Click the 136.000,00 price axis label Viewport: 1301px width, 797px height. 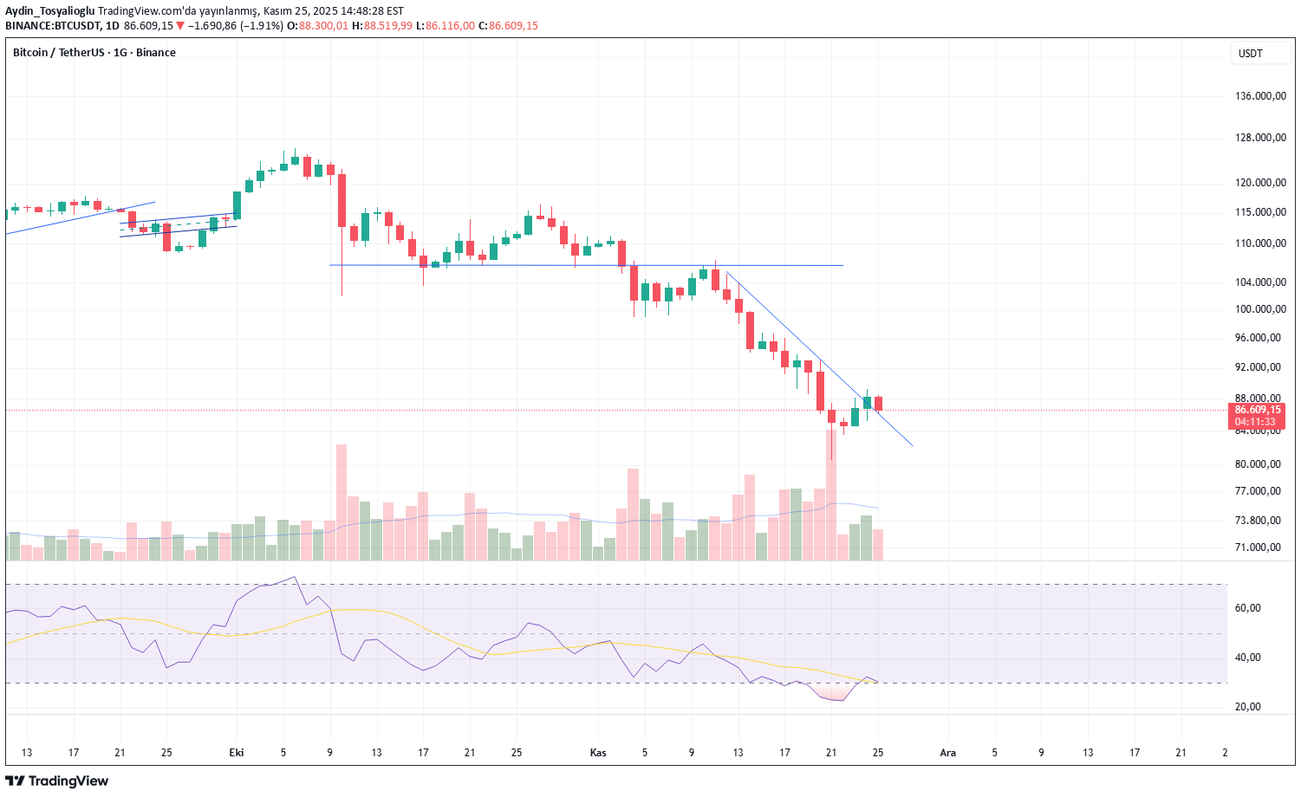coord(1260,96)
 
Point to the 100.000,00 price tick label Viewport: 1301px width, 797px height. coord(1260,309)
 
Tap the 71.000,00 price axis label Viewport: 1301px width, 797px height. coord(1258,548)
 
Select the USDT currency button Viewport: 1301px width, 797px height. coord(1251,54)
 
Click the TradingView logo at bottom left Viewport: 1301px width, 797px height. coord(57,781)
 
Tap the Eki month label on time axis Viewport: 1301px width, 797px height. coord(237,753)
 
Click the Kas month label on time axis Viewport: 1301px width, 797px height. coord(598,753)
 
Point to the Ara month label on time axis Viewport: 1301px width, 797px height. coord(948,753)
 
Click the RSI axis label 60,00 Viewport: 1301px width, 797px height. coord(1248,608)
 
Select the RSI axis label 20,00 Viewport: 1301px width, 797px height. coord(1248,707)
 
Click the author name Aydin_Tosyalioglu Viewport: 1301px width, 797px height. coord(50,11)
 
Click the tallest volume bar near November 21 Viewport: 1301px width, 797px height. coord(831,494)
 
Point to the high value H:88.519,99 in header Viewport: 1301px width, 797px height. coord(388,26)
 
